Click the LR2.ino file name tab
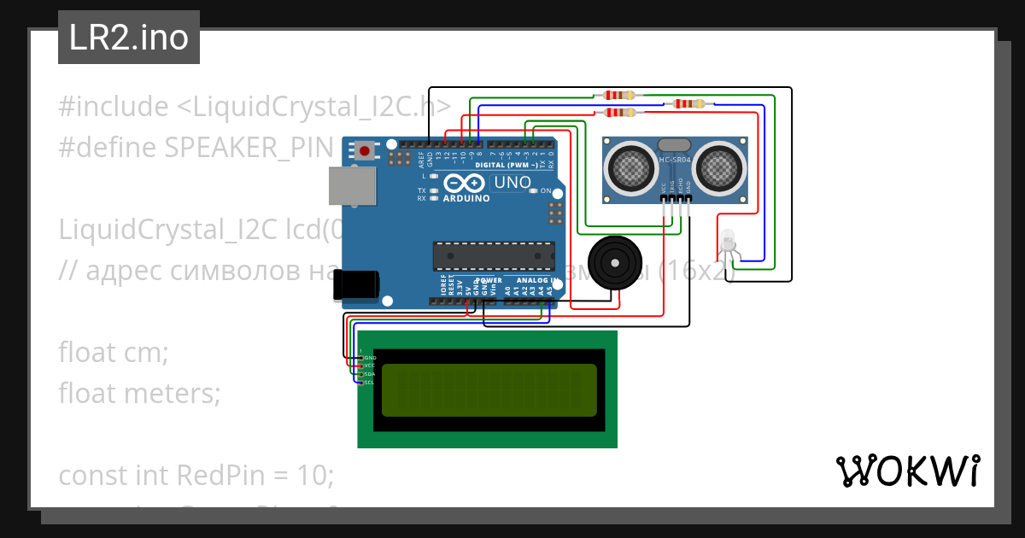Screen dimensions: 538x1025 pyautogui.click(x=128, y=38)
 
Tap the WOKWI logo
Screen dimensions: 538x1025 pyautogui.click(x=907, y=471)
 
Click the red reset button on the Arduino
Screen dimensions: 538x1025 pyautogui.click(x=365, y=151)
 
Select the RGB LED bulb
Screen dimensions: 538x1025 pyautogui.click(x=727, y=238)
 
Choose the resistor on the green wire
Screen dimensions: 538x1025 pyautogui.click(x=619, y=95)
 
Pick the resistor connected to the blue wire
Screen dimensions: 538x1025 pyautogui.click(x=690, y=104)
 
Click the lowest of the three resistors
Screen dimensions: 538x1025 pyautogui.click(x=619, y=113)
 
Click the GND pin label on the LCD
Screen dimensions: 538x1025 pyautogui.click(x=370, y=358)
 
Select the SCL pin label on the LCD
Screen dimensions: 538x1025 pyautogui.click(x=370, y=383)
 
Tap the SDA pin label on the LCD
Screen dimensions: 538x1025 pyautogui.click(x=370, y=374)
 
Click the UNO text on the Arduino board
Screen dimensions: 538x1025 pyautogui.click(x=512, y=182)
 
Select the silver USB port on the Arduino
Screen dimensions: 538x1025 pyautogui.click(x=352, y=186)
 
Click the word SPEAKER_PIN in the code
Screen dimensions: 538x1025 pyautogui.click(x=248, y=148)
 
